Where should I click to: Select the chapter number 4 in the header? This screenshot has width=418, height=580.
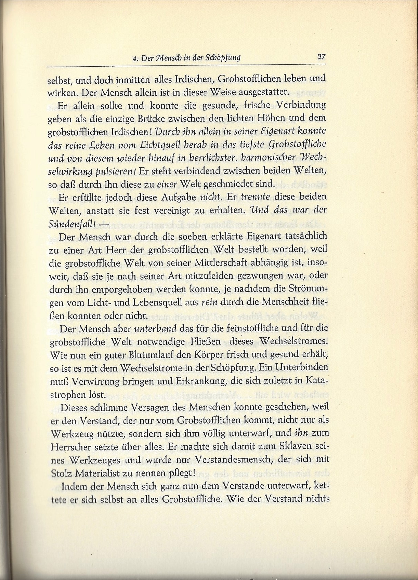pyautogui.click(x=134, y=58)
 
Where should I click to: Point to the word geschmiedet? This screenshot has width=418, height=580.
pyautogui.click(x=227, y=184)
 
